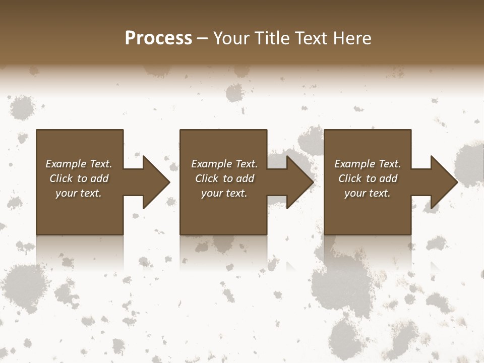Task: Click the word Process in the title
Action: tap(158, 38)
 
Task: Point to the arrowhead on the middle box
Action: tap(299, 182)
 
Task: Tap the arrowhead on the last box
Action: tap(443, 182)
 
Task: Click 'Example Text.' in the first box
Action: tap(79, 164)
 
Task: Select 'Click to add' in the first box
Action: tap(79, 178)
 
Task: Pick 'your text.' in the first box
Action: tap(79, 193)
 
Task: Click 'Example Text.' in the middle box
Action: tap(224, 164)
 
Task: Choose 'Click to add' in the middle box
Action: tap(224, 178)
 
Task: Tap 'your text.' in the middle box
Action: tap(224, 193)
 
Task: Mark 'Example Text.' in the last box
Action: tap(368, 164)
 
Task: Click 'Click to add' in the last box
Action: tap(368, 178)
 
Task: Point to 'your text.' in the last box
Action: tap(368, 193)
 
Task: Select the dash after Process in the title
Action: tap(203, 38)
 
